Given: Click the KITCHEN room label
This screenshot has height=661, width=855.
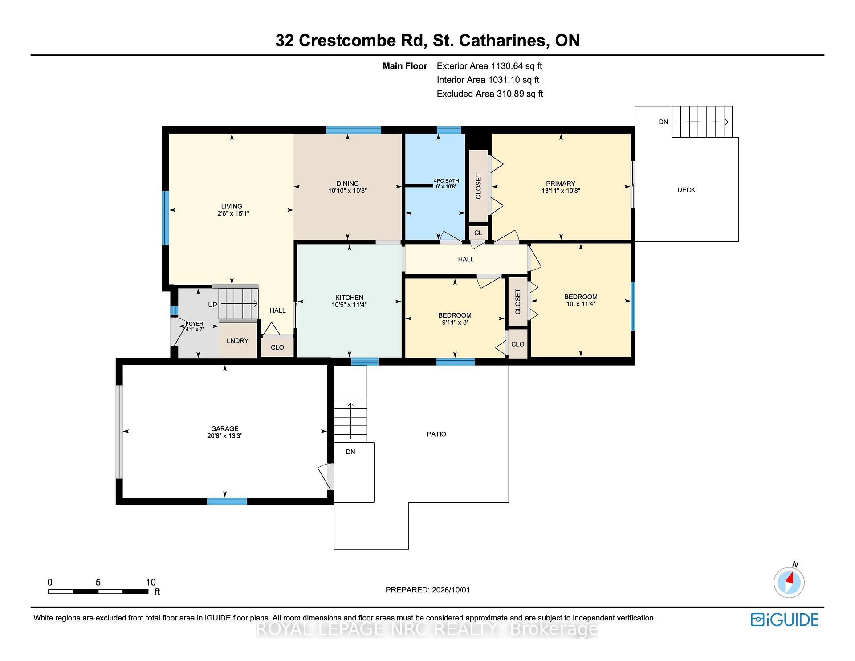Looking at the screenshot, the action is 349,298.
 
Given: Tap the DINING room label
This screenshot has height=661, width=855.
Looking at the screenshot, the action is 347,184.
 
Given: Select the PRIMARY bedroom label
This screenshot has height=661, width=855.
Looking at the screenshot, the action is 561,184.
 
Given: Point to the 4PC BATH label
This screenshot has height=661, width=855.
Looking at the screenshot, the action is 446,181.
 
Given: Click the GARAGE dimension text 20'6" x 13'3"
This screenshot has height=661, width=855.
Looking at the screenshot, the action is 225,436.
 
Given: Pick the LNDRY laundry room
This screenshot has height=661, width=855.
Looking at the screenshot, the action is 237,341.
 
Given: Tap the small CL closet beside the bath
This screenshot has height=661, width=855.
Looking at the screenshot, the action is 478,233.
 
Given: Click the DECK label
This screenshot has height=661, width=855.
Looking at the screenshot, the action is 686,190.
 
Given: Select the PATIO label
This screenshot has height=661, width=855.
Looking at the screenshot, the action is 436,434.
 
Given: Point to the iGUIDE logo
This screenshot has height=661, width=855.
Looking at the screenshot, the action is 785,620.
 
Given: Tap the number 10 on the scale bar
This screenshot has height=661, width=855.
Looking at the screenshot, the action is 151,582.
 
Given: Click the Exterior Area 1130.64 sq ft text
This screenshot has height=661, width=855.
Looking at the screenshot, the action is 489,66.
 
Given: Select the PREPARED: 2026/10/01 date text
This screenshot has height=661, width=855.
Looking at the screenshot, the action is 427,590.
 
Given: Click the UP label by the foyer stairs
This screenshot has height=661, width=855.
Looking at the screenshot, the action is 212,305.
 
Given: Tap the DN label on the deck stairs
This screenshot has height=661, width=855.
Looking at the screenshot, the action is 664,122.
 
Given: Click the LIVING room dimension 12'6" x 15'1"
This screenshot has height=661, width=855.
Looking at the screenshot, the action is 232,213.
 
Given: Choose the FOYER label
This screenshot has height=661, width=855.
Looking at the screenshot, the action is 195,324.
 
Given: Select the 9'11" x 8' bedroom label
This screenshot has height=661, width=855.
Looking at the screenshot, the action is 455,322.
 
